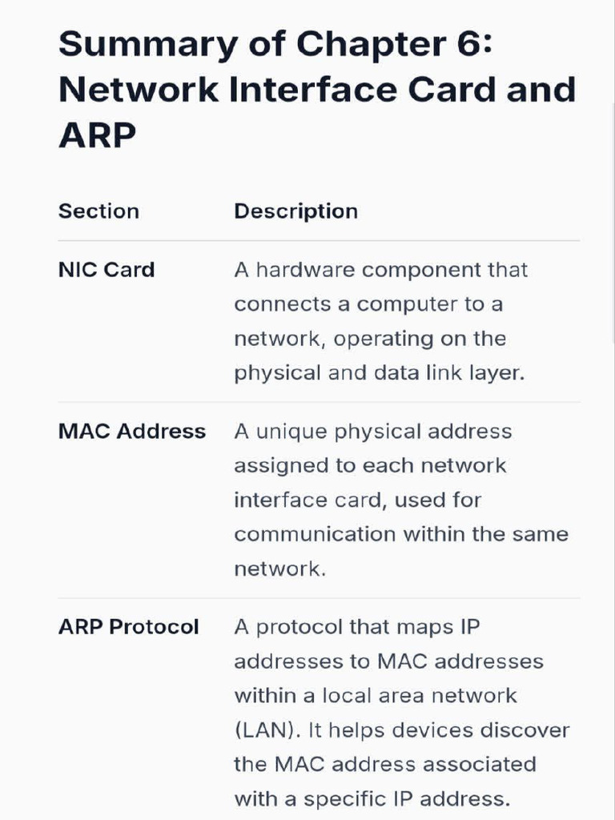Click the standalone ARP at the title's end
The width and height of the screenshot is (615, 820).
click(x=97, y=135)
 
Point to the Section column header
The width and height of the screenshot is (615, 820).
click(x=98, y=211)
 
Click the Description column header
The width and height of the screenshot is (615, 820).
click(x=296, y=211)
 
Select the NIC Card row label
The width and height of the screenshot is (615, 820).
click(x=107, y=270)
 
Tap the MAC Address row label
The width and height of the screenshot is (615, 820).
click(x=132, y=432)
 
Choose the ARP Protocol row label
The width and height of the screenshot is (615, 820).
click(x=129, y=627)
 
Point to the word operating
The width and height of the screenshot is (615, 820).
click(x=384, y=340)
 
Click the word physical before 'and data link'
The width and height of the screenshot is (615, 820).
click(x=277, y=374)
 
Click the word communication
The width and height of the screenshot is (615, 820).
click(x=315, y=534)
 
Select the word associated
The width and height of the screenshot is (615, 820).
click(x=479, y=765)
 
